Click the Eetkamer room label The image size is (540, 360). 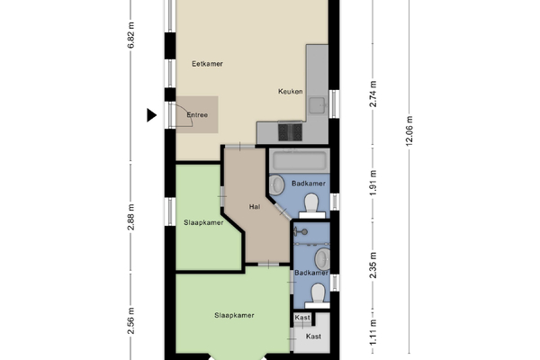coord(207,64)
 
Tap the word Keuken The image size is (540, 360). coord(291,91)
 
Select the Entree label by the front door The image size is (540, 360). coord(197,114)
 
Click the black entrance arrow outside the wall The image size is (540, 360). coord(151,115)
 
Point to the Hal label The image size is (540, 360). coord(255,207)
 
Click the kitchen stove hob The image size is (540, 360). coord(290,132)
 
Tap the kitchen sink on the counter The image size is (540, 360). coord(317,105)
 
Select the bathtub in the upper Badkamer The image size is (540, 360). coord(299,161)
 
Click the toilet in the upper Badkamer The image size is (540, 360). coord(311,206)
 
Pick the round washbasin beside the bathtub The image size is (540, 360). coord(276,185)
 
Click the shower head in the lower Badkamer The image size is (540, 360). coord(301,232)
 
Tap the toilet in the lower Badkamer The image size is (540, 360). coord(318,296)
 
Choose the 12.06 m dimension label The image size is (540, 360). coord(409,130)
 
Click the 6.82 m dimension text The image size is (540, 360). coord(130,35)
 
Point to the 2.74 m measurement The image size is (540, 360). coord(373,94)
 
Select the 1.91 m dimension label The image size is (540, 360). coord(373,183)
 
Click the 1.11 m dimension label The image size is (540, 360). coord(373,332)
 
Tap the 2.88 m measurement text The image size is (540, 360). coord(130,218)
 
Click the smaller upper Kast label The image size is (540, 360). coord(302,318)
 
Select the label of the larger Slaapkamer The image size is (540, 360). coord(234,315)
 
